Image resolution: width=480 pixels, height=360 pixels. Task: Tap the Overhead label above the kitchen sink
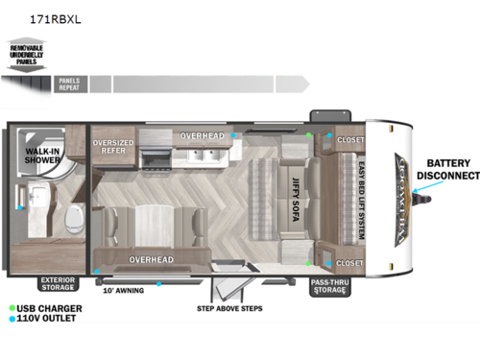coord(202,136)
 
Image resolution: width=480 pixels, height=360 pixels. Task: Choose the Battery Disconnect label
coord(447,170)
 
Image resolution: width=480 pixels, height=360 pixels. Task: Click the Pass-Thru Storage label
coord(328,284)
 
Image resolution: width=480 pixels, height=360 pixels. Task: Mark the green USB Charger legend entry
coord(47,308)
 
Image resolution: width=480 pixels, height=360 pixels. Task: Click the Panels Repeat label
coord(68,84)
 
